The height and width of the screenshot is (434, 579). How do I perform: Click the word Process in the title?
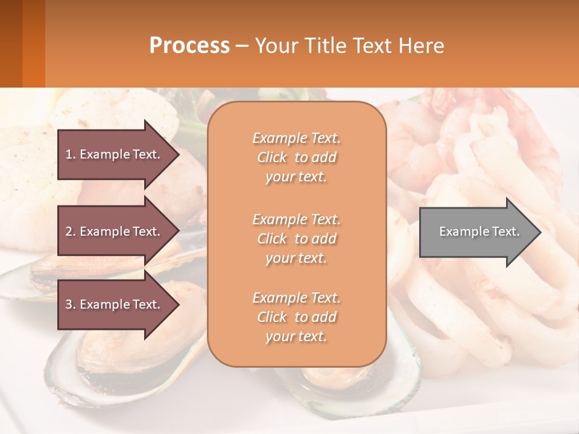tap(189, 46)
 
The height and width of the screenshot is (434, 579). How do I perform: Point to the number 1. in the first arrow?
tap(71, 154)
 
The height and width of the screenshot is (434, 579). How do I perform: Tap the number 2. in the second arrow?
tap(71, 231)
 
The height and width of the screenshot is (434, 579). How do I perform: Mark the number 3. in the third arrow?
tap(71, 304)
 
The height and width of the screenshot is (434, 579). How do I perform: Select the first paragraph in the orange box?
tap(296, 157)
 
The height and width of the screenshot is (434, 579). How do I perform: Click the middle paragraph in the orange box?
tap(296, 239)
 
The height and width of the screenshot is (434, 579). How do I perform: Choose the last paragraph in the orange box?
tap(296, 317)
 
